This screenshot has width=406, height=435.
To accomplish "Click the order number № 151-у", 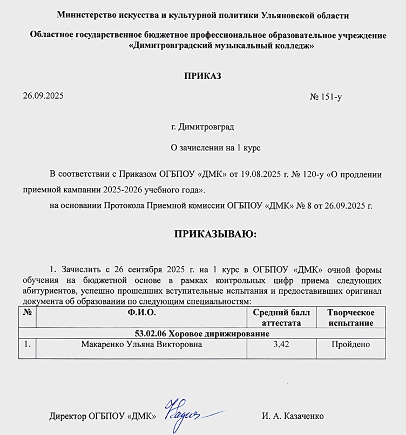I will point(326,97).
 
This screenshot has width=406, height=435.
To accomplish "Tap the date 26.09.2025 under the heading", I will point(43,96).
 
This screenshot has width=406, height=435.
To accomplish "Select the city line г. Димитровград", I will point(202,127).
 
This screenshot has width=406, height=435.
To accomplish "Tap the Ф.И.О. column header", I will point(141,313).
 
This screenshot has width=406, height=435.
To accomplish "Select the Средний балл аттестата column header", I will point(280,317).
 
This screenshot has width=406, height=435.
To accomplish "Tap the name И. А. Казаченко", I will point(293,416).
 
